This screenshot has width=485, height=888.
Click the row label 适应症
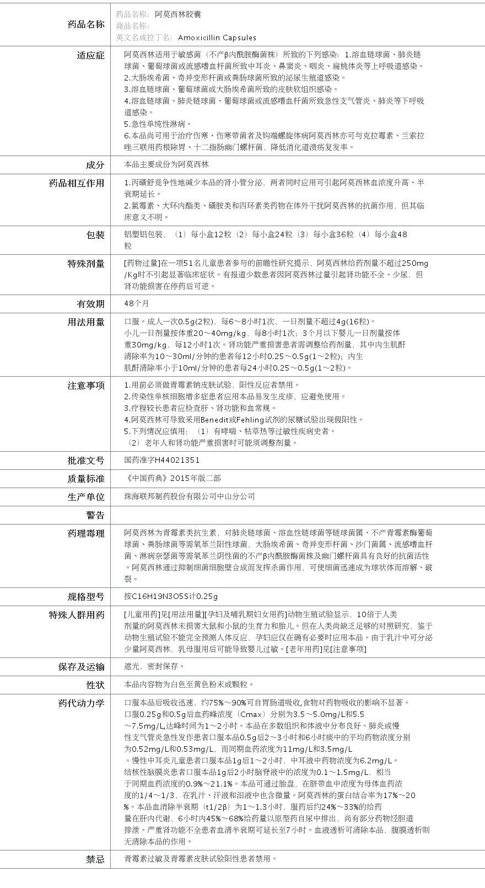click(90, 55)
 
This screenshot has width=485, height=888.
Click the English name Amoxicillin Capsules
click(217, 38)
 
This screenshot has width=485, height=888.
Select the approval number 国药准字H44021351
click(162, 460)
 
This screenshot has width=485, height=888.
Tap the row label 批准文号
click(86, 461)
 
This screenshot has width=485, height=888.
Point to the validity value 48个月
click(137, 303)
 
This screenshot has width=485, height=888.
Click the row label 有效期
click(90, 304)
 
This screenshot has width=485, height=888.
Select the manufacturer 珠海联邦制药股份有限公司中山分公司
click(190, 496)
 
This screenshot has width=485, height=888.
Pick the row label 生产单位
click(86, 497)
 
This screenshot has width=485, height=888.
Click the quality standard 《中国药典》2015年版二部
click(173, 478)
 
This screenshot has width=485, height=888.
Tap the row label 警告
click(95, 515)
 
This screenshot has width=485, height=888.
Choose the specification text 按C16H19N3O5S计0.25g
click(171, 596)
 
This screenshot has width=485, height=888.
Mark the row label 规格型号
click(86, 597)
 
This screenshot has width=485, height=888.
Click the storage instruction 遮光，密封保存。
click(155, 666)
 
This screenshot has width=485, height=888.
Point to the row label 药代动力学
click(82, 703)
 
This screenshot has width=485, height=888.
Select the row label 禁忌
click(95, 859)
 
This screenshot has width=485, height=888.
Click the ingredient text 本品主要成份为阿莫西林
click(166, 164)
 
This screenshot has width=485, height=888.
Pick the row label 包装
click(95, 235)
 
